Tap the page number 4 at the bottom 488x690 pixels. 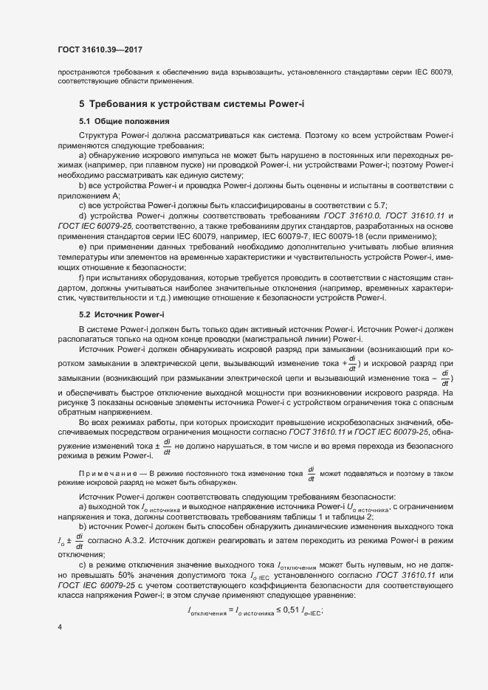[x=60, y=627]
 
